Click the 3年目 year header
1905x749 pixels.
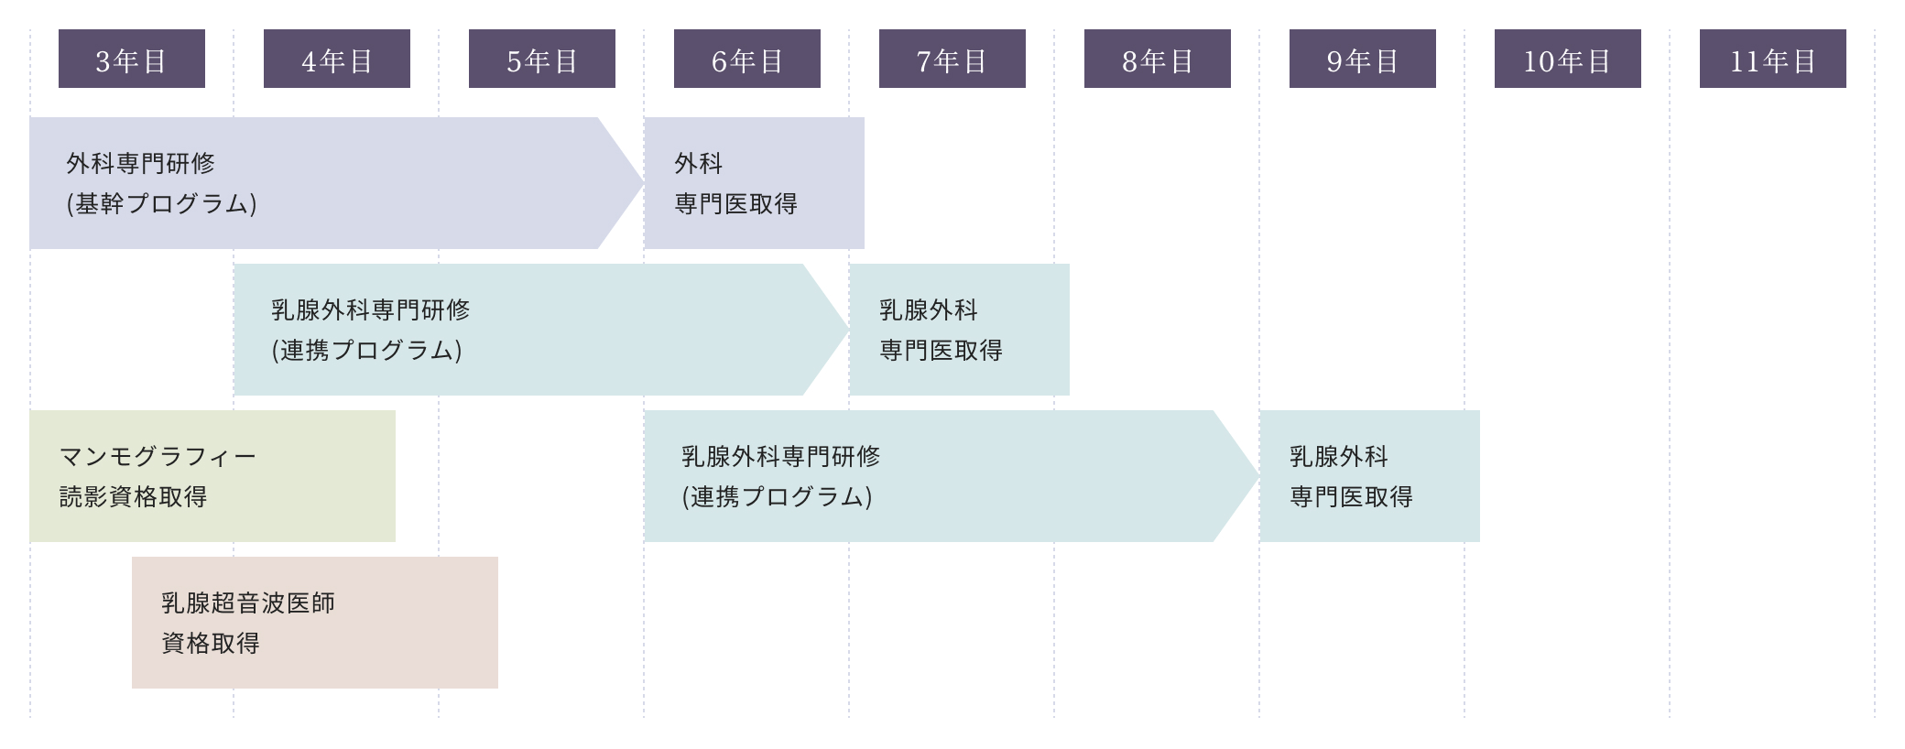132,59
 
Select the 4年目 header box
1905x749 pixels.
337,59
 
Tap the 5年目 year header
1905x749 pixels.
542,59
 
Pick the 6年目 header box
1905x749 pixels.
747,59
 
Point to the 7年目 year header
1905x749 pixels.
952,59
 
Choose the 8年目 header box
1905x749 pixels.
1158,59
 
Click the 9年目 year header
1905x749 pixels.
1363,59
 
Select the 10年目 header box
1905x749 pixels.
1568,59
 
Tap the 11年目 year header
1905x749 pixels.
1773,59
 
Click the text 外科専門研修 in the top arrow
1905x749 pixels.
141,163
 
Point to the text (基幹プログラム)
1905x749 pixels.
161,203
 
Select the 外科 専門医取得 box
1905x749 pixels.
754,183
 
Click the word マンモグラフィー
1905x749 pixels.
158,456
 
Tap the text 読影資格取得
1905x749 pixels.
134,496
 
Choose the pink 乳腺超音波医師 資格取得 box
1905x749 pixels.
315,623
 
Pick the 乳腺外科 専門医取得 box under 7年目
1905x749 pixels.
959,330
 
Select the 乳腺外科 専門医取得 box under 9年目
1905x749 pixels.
1369,476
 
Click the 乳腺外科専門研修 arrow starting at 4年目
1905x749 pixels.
531,330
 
